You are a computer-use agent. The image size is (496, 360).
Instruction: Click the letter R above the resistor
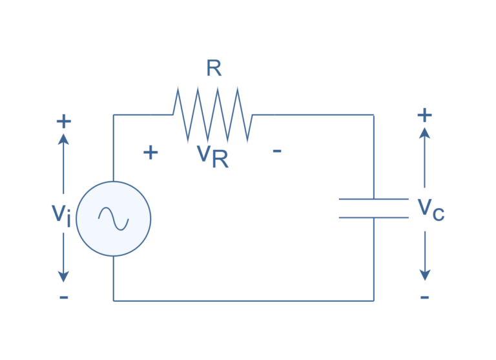[214, 69]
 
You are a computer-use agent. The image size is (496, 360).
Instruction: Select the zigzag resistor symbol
[212, 115]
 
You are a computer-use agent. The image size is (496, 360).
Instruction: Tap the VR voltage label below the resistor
[212, 156]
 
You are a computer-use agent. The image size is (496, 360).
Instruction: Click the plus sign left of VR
[150, 153]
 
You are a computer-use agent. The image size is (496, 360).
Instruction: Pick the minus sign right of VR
[277, 151]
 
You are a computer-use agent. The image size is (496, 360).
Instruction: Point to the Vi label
[61, 214]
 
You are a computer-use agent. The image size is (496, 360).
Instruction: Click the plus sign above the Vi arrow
[63, 121]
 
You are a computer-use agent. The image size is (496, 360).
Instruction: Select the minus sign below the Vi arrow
[63, 297]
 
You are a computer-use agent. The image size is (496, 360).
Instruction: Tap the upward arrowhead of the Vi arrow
[63, 138]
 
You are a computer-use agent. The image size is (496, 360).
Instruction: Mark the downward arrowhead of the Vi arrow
[63, 276]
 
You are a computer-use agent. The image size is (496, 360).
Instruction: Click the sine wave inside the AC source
[114, 218]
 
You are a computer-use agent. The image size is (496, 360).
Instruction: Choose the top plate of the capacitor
[374, 199]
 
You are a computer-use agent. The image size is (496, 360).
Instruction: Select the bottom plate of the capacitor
[374, 218]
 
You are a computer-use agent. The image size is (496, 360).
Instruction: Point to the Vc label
[430, 209]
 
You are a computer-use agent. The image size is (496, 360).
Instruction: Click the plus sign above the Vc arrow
[424, 115]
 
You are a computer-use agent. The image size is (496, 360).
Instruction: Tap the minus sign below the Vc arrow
[424, 297]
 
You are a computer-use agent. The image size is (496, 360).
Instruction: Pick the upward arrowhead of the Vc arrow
[424, 132]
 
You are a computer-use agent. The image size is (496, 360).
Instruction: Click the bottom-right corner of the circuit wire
[374, 301]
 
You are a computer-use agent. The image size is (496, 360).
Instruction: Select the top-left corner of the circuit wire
[114, 115]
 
